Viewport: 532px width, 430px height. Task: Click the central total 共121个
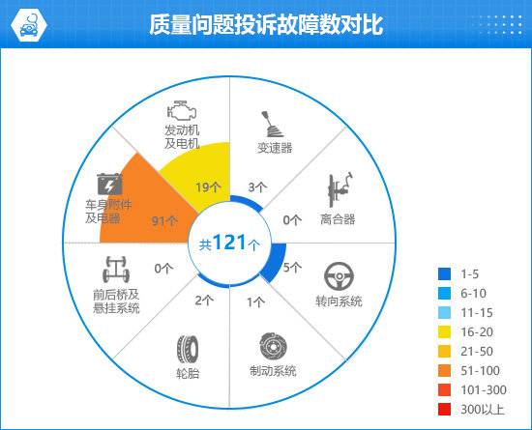click(229, 244)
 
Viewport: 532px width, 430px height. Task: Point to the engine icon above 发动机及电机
click(182, 110)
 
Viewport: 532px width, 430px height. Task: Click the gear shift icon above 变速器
click(272, 125)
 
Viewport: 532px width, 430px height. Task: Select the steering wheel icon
click(339, 276)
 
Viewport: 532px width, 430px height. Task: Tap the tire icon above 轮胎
click(188, 349)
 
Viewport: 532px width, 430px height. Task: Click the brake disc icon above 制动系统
click(273, 347)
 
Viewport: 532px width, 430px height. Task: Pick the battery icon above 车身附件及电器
click(109, 184)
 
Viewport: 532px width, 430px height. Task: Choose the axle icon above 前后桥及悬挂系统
click(116, 270)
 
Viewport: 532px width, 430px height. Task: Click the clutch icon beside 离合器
click(340, 189)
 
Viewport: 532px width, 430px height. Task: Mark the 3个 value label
click(257, 187)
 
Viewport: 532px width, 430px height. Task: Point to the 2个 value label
click(204, 301)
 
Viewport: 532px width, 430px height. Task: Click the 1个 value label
click(255, 301)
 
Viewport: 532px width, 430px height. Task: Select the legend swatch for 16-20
click(445, 331)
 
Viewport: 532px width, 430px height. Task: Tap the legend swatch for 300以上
click(445, 410)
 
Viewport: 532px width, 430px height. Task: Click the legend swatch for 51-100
click(445, 371)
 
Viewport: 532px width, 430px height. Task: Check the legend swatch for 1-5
click(445, 273)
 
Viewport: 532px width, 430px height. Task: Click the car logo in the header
click(29, 25)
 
